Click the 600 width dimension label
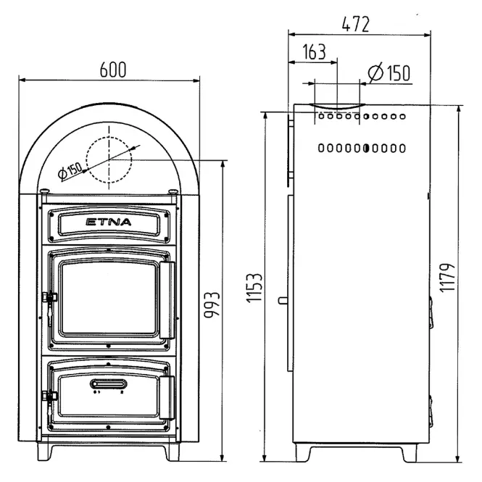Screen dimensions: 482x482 pyautogui.click(x=113, y=70)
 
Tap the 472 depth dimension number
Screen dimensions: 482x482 pyautogui.click(x=356, y=25)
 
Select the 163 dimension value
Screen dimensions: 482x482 pyautogui.click(x=314, y=51)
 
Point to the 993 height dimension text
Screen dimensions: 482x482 pyautogui.click(x=212, y=305)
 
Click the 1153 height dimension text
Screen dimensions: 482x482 pyautogui.click(x=254, y=288)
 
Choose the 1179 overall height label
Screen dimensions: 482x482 pyautogui.click(x=447, y=278)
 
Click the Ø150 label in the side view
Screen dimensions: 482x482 pyautogui.click(x=389, y=73)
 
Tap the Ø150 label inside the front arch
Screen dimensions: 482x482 pyautogui.click(x=70, y=170)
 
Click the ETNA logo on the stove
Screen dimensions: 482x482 pyautogui.click(x=109, y=222)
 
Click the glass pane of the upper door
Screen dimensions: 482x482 pyautogui.click(x=109, y=298)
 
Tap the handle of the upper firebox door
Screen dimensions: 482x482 pyautogui.click(x=167, y=300)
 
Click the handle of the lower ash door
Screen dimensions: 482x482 pyautogui.click(x=167, y=397)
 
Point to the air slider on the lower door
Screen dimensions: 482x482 pyautogui.click(x=109, y=384)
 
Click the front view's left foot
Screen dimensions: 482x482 pyautogui.click(x=45, y=452)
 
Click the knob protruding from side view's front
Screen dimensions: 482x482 pyautogui.click(x=283, y=300)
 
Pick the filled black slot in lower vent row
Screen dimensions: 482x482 pyautogui.click(x=366, y=148)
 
